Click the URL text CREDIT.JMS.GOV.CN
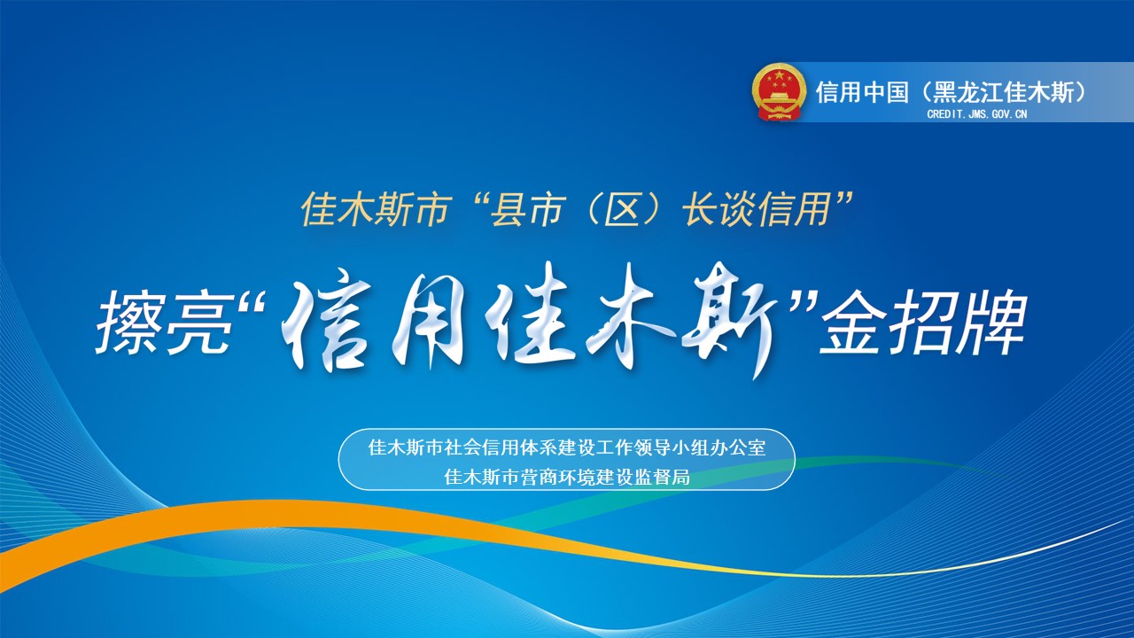click(977, 114)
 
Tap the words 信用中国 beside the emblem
click(862, 93)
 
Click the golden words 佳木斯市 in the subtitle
click(377, 209)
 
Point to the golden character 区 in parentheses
click(623, 209)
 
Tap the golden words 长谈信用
click(757, 209)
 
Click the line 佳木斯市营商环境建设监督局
click(567, 477)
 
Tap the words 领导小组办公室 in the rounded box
click(699, 447)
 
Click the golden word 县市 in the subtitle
click(527, 209)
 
